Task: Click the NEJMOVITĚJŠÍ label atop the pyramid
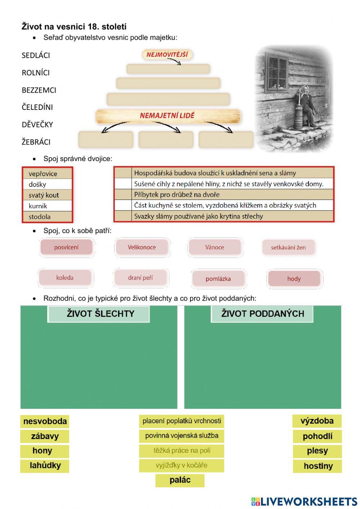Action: pos(167,55)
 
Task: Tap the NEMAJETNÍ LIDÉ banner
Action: pos(167,116)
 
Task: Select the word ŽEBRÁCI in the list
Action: pos(36,142)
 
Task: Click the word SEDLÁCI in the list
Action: pos(36,55)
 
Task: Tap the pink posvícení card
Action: pos(66,247)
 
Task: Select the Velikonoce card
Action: pos(142,247)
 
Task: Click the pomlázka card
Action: pos(218,279)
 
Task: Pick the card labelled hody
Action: pos(294,279)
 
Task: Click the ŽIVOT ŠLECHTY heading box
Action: pos(98,314)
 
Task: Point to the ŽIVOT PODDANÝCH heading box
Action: pos(262,314)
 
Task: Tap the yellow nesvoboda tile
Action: pos(45,421)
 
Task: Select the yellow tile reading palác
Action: pos(180,480)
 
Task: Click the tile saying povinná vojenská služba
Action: pos(182,436)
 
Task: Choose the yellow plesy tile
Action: pos(317,451)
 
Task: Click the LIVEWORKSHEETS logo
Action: pos(304,501)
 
